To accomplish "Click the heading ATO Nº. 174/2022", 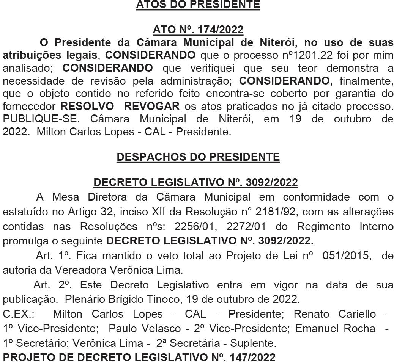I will (x=198, y=30).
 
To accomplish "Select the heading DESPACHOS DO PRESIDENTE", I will (x=198, y=157).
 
